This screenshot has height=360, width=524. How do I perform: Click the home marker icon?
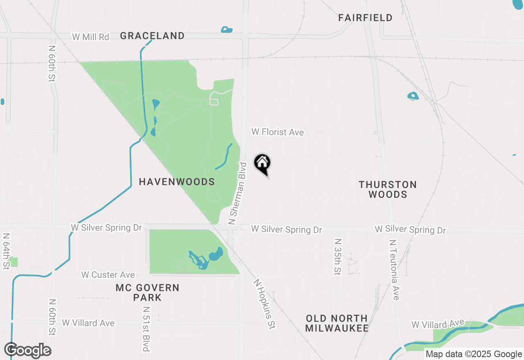pyautogui.click(x=262, y=163)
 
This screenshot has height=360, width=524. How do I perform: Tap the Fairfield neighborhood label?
pyautogui.click(x=366, y=18)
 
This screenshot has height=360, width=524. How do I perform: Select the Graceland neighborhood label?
pyautogui.click(x=152, y=36)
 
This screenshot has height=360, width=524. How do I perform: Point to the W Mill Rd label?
pyautogui.click(x=90, y=37)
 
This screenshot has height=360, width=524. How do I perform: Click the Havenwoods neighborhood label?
pyautogui.click(x=177, y=182)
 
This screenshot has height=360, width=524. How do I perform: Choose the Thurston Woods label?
pyautogui.click(x=388, y=189)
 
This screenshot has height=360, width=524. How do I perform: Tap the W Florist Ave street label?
pyautogui.click(x=278, y=132)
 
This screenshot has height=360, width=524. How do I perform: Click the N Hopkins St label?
pyautogui.click(x=264, y=304)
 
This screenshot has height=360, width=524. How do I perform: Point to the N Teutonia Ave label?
pyautogui.click(x=395, y=270)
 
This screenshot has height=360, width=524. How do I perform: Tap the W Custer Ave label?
pyautogui.click(x=108, y=275)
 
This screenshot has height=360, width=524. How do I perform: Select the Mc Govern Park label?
pyautogui.click(x=147, y=292)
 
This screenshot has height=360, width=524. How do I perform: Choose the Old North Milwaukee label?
pyautogui.click(x=337, y=323)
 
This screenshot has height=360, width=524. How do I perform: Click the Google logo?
pyautogui.click(x=28, y=350)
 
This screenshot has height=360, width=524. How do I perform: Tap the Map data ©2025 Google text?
pyautogui.click(x=473, y=354)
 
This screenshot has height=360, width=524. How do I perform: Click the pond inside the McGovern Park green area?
pyautogui.click(x=215, y=257)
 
